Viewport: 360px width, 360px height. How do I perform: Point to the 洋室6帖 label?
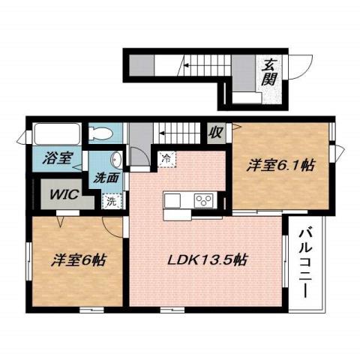(78, 262)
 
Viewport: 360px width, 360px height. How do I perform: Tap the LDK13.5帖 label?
(207, 262)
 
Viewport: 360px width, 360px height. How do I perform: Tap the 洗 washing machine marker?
(110, 201)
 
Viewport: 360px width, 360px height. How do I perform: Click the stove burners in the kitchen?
(204, 199)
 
